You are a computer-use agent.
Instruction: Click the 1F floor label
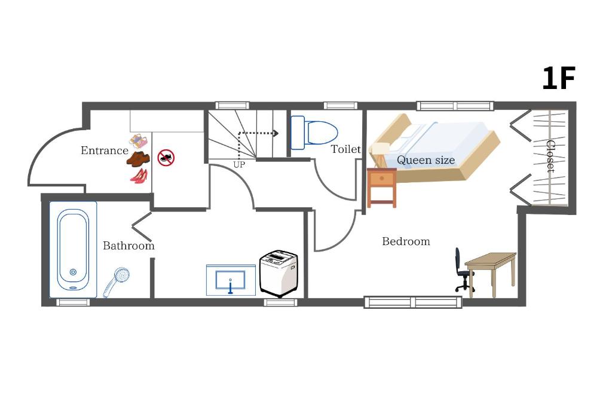click(559, 78)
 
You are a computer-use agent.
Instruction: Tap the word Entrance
click(104, 151)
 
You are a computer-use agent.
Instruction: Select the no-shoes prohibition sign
click(166, 158)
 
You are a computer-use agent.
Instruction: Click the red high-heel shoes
click(139, 176)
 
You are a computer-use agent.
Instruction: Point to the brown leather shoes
click(138, 159)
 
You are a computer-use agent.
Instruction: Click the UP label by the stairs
click(239, 165)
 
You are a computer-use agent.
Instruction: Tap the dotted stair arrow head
click(276, 133)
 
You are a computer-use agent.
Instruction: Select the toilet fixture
click(314, 133)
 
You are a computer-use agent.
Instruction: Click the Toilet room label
click(346, 149)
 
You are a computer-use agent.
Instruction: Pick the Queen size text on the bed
click(426, 160)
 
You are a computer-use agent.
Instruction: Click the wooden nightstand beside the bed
click(382, 187)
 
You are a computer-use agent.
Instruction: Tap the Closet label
click(550, 156)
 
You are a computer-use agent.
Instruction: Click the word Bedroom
click(406, 241)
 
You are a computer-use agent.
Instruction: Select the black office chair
click(464, 270)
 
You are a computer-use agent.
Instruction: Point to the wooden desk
click(491, 274)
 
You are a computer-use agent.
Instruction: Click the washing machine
click(279, 274)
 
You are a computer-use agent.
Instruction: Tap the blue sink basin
click(231, 280)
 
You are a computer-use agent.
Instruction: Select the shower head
click(116, 281)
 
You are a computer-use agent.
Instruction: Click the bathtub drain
click(73, 272)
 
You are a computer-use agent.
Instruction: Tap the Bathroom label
click(129, 246)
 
